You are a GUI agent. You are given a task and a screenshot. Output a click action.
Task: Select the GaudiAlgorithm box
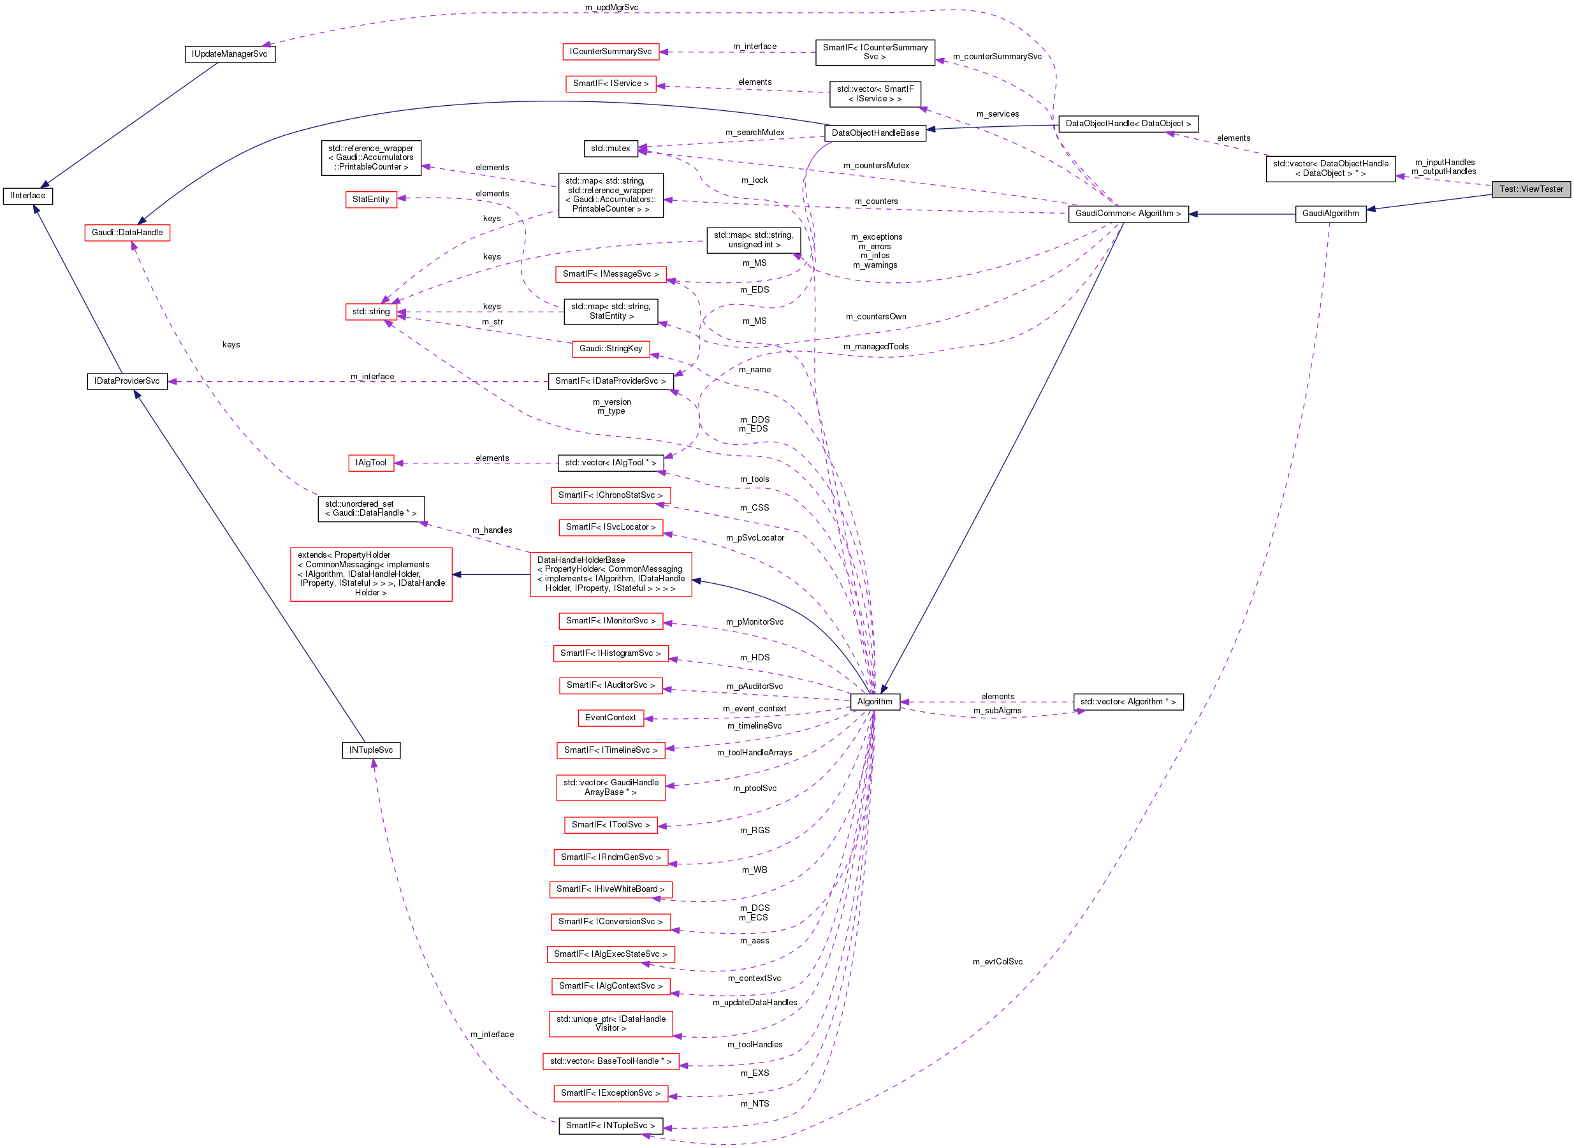point(1329,214)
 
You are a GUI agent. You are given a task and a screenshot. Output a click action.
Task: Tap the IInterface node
point(28,196)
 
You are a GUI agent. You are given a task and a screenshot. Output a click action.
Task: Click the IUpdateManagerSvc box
point(230,54)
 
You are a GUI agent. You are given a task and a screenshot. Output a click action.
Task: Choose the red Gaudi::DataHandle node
point(127,233)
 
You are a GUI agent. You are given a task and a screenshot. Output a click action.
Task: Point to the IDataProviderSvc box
point(127,381)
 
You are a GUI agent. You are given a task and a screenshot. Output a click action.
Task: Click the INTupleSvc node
point(371,750)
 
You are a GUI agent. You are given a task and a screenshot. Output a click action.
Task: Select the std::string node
point(371,311)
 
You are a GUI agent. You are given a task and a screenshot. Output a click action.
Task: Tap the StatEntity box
point(371,200)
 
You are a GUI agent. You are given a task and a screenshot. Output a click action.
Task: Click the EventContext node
point(610,717)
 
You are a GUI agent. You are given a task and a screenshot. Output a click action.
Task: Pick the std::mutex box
point(610,149)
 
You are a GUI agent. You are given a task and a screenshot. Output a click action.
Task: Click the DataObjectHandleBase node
point(875,133)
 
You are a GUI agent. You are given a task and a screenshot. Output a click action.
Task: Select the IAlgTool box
point(371,463)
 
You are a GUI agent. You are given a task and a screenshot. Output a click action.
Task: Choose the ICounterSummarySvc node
point(610,52)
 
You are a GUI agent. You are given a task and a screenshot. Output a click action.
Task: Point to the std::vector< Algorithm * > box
point(1127,702)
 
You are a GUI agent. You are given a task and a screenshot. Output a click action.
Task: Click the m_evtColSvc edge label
point(997,962)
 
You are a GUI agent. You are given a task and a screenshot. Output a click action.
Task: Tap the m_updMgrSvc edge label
point(611,8)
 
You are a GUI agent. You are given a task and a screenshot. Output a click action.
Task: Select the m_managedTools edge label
point(875,347)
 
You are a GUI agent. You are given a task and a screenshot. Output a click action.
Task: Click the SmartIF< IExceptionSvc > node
point(610,1093)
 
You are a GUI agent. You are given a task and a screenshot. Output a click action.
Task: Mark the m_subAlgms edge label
point(997,711)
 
